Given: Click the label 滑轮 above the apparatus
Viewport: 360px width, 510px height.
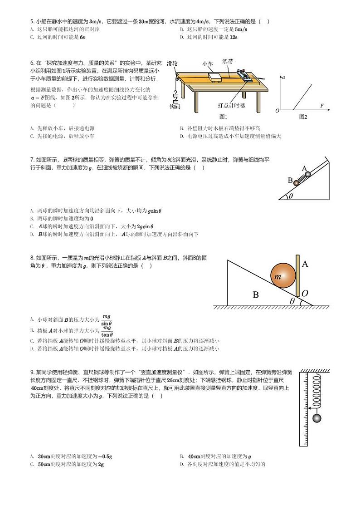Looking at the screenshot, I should point(172,63).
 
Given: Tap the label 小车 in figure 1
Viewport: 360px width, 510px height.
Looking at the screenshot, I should point(207,64).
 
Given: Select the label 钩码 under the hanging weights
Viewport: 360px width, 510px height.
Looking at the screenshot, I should point(175,107).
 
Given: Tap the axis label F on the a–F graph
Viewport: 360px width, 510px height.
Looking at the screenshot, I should point(322,106).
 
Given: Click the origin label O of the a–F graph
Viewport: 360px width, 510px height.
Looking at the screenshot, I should point(277,111).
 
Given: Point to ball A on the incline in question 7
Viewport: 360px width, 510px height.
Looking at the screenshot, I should point(307,174).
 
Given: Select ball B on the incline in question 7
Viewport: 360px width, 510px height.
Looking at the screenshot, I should point(297,182).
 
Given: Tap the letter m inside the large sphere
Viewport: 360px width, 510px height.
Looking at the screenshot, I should point(278,276).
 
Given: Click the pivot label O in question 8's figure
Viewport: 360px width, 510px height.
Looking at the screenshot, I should point(305,294).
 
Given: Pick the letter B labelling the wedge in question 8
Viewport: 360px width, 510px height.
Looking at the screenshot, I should point(255,295).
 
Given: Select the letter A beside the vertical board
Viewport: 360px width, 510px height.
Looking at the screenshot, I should point(305,264).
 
